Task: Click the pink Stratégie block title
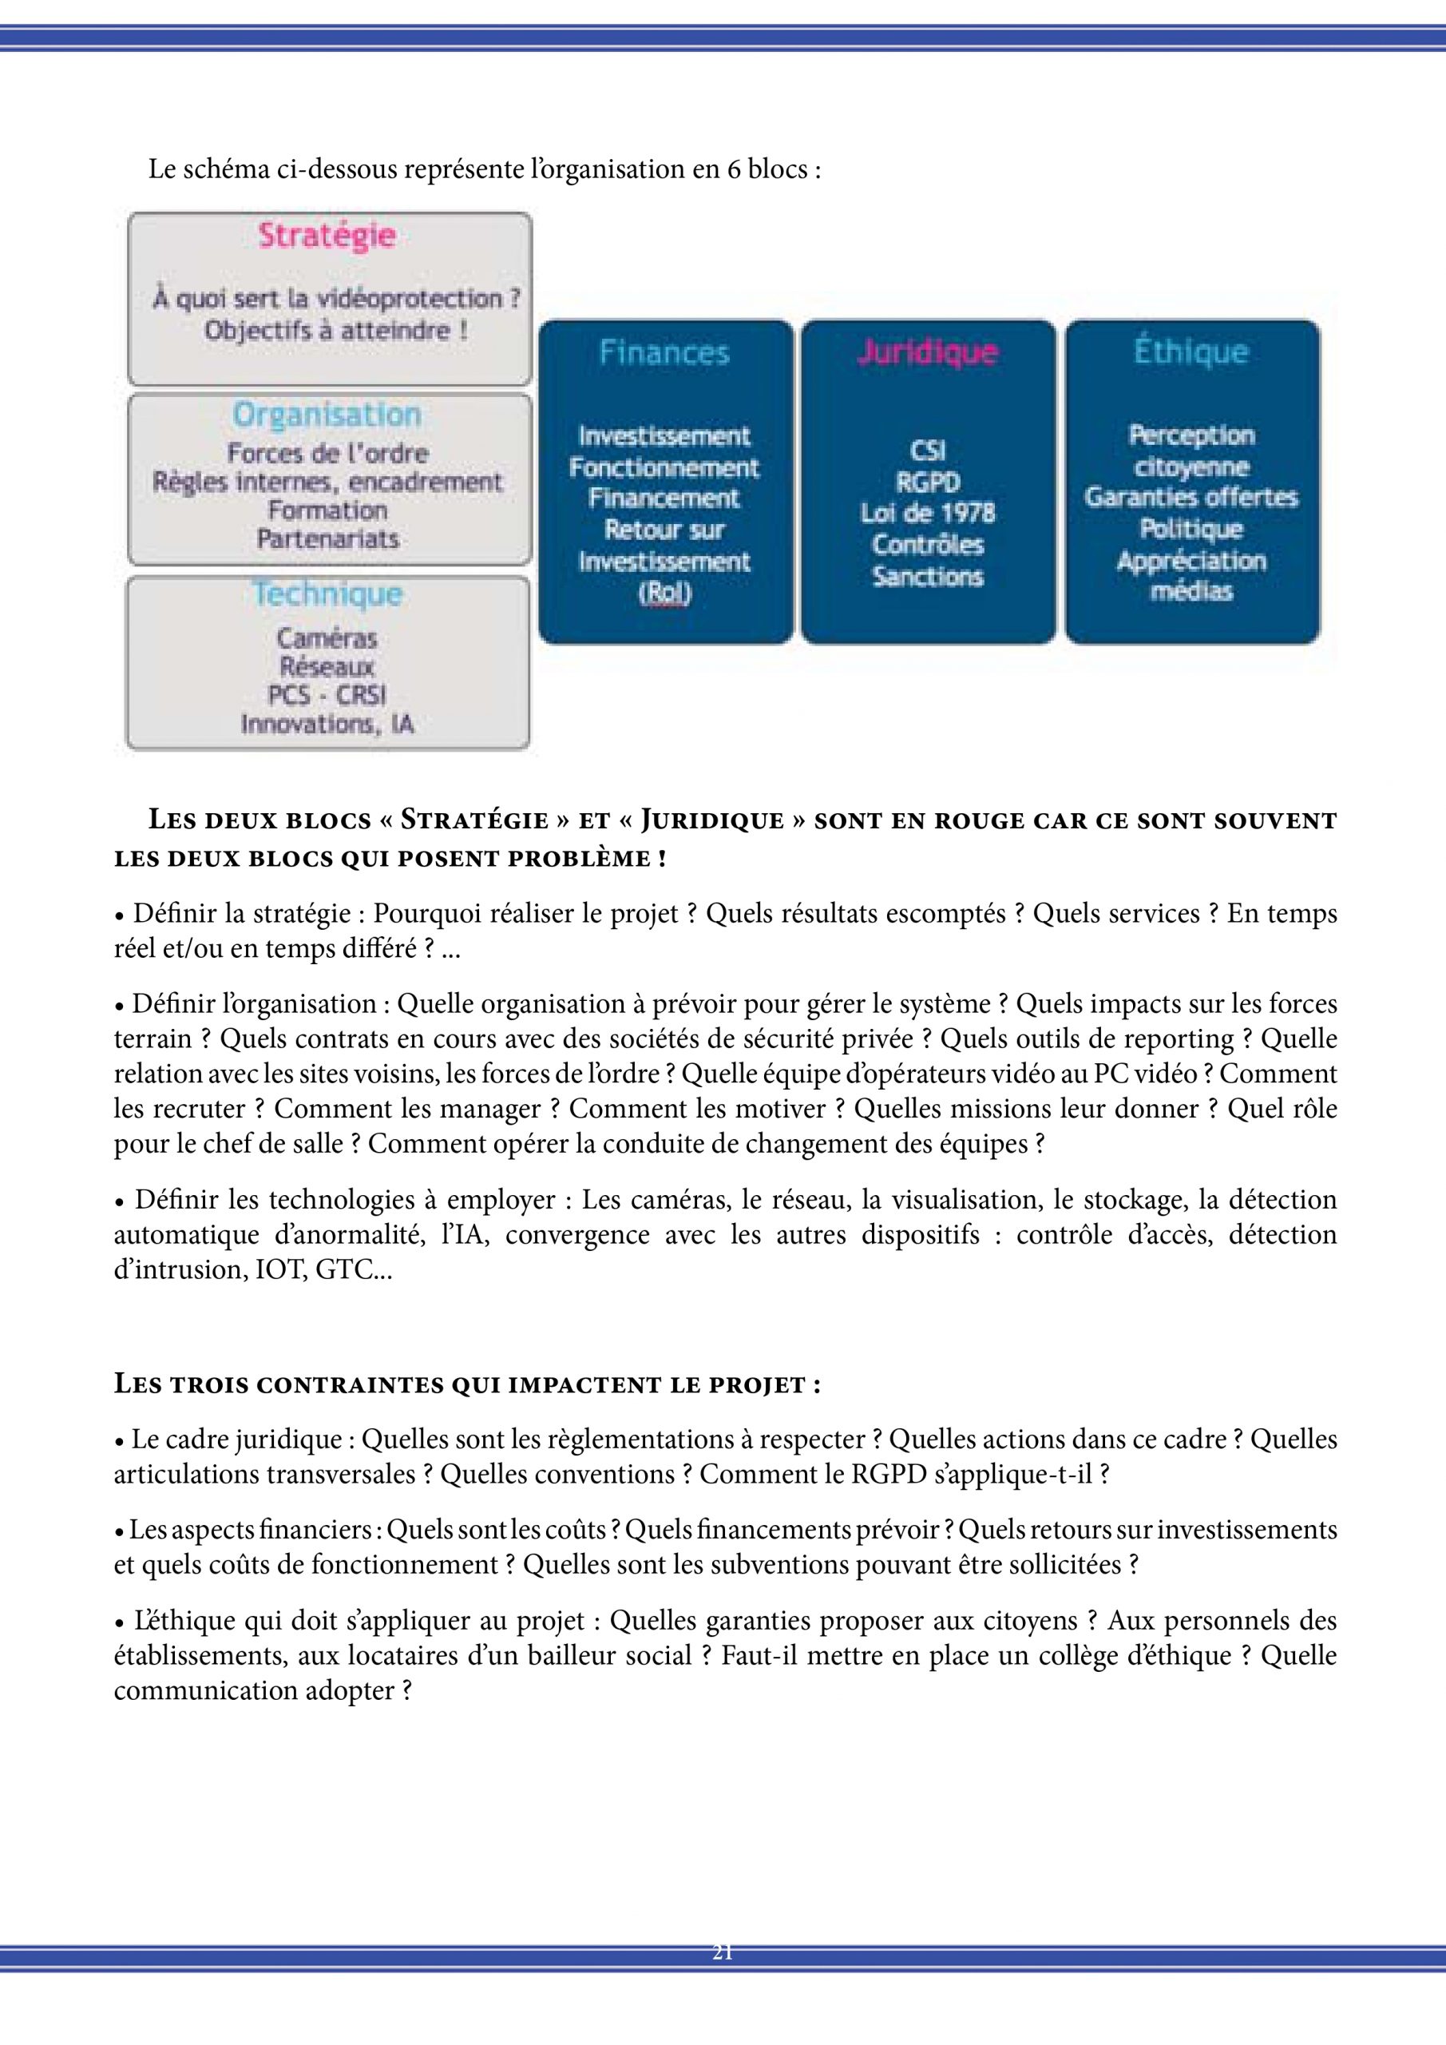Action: [x=327, y=236]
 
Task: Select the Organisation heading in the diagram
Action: [x=327, y=415]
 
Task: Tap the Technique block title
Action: [x=327, y=594]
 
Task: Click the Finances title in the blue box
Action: [x=664, y=353]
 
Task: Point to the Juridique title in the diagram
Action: [x=927, y=351]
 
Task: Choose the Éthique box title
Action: [x=1190, y=351]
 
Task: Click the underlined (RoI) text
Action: [x=664, y=594]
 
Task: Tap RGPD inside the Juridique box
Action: [x=927, y=482]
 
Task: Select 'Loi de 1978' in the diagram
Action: [x=927, y=513]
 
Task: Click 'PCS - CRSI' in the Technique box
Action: [x=327, y=696]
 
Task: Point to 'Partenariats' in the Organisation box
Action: [x=327, y=539]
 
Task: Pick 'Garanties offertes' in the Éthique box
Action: [x=1190, y=497]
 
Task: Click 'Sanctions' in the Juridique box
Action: [x=927, y=576]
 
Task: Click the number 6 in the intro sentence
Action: [x=733, y=169]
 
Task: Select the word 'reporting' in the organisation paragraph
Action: [x=1187, y=1038]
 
